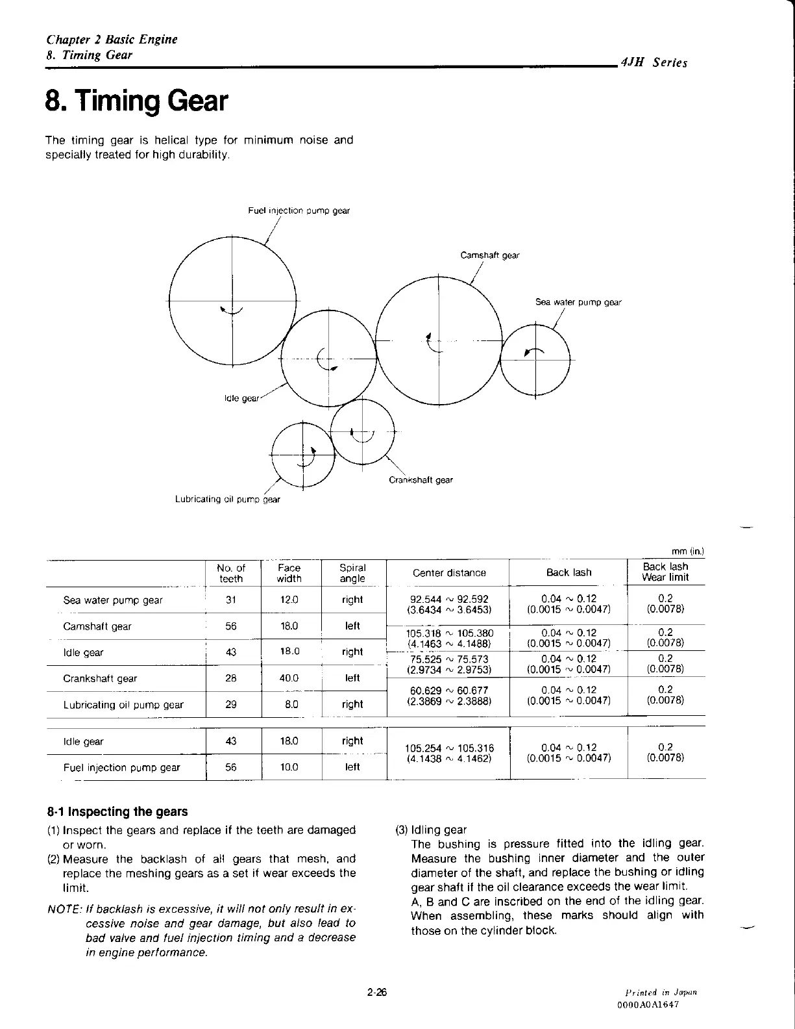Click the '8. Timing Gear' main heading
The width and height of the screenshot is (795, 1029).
pyautogui.click(x=136, y=101)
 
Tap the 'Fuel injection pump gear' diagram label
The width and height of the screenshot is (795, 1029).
pyautogui.click(x=299, y=210)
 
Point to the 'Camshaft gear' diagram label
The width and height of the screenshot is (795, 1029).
pyautogui.click(x=490, y=255)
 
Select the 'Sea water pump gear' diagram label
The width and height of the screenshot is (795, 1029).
pyautogui.click(x=578, y=302)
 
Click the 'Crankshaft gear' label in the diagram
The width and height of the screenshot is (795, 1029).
pyautogui.click(x=421, y=480)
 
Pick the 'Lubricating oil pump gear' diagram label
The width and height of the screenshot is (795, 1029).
pyautogui.click(x=228, y=500)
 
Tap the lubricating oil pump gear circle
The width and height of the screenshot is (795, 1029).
pyautogui.click(x=302, y=455)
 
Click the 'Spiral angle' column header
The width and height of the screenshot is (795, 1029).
pyautogui.click(x=353, y=573)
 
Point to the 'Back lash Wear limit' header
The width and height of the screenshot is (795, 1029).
pyautogui.click(x=665, y=572)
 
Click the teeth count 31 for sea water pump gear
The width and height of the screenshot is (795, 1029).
pyautogui.click(x=231, y=600)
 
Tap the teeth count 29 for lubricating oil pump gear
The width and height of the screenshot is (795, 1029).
pyautogui.click(x=231, y=704)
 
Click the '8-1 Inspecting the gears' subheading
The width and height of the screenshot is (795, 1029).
pyautogui.click(x=117, y=811)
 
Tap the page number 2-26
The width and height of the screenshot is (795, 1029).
pyautogui.click(x=376, y=992)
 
